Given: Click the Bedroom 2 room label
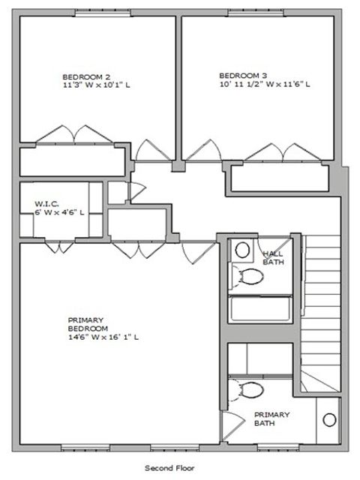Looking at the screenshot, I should coord(86,76).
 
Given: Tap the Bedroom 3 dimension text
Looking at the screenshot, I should coord(265,84).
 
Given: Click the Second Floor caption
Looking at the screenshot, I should coord(169,467).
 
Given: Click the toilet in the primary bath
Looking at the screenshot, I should coord(249,389).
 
